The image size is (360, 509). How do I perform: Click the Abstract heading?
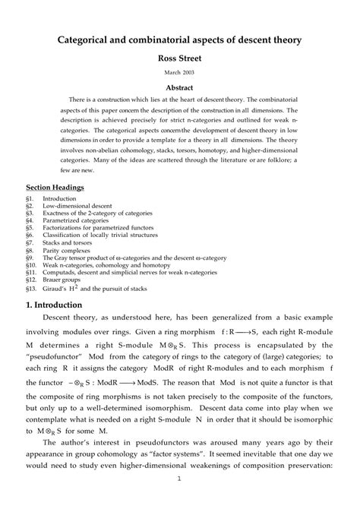point(180,87)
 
